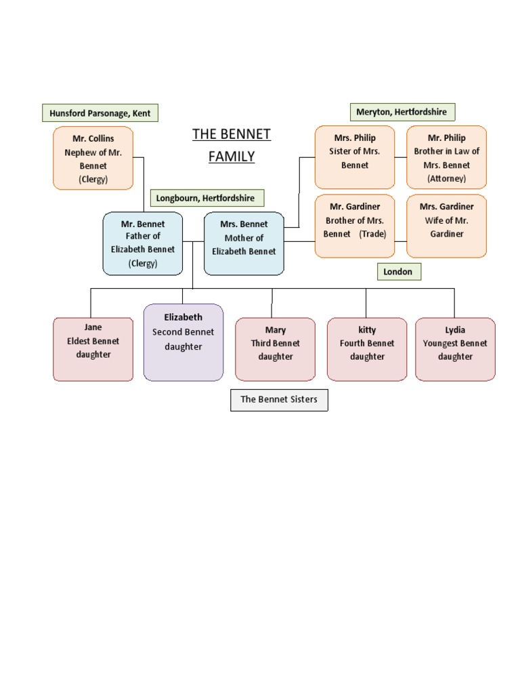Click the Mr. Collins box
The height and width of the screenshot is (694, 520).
[93, 159]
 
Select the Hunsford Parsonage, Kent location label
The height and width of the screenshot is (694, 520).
[100, 113]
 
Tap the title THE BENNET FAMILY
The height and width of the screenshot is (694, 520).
[232, 145]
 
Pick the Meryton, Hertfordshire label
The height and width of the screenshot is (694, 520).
[402, 112]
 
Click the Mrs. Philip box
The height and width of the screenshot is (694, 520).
[355, 157]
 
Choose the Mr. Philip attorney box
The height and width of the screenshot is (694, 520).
[446, 157]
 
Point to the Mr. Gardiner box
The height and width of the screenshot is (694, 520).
[355, 226]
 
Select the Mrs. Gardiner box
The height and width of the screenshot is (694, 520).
[446, 226]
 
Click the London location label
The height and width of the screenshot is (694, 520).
[398, 272]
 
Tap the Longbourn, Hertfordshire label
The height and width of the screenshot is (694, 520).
[206, 198]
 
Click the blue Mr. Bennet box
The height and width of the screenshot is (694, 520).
[143, 243]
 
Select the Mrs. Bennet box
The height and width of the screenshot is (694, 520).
[244, 243]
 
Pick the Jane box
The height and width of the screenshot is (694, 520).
[93, 349]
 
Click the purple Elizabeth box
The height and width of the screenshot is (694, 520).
[183, 342]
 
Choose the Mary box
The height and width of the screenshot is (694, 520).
[276, 349]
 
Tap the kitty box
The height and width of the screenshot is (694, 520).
[367, 349]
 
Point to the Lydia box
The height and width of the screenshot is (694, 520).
[455, 349]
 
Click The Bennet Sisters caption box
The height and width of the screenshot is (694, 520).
[279, 400]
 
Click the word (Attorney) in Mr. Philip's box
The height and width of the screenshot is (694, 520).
[447, 178]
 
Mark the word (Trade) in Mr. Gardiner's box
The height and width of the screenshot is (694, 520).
[373, 234]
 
